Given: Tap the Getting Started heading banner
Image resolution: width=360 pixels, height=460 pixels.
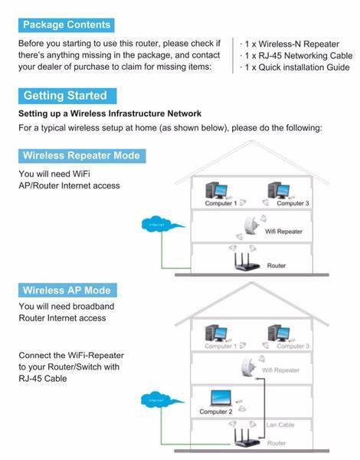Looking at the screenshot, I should tap(67, 96).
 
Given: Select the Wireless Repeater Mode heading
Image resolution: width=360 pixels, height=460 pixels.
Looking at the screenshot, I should tap(81, 156).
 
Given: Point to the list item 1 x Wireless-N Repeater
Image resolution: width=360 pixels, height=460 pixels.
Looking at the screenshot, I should tap(290, 43).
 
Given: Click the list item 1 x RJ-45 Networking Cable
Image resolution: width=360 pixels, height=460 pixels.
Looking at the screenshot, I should tap(296, 55).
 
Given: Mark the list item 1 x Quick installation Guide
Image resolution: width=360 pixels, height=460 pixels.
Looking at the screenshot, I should tap(296, 67).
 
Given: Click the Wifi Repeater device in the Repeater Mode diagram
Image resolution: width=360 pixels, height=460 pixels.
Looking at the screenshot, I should tap(250, 225).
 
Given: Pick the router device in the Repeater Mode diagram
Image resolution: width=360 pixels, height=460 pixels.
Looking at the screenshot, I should tap(249, 263).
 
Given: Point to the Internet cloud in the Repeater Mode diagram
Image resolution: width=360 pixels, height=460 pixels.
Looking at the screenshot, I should tap(162, 225).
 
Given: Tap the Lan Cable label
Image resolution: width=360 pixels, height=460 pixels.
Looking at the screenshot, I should tap(277, 424).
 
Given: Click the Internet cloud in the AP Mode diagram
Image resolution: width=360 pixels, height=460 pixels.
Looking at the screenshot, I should tap(153, 399).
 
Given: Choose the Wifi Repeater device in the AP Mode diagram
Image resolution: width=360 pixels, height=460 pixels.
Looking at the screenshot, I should tap(249, 366).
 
